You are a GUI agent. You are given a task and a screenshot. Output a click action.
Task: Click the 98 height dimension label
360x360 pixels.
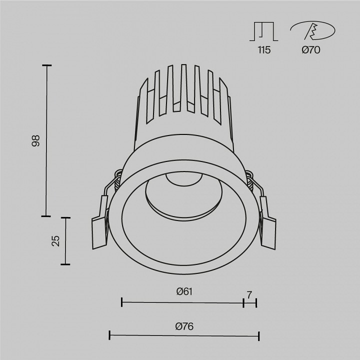(35, 141)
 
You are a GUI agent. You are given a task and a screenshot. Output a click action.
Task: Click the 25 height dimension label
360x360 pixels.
(55, 241)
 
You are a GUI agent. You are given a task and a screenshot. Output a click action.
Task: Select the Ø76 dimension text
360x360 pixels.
(184, 326)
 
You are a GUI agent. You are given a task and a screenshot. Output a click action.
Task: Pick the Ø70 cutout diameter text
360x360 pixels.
(311, 50)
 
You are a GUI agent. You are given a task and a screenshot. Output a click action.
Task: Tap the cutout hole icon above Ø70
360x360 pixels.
(312, 31)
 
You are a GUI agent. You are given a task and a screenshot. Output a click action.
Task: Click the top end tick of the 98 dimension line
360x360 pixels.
(46, 65)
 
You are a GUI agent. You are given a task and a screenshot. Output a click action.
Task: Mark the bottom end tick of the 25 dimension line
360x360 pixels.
(65, 264)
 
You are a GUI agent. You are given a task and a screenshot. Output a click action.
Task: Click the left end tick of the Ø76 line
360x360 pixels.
(110, 335)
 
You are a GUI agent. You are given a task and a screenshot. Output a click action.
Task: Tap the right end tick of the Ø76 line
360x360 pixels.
(259, 335)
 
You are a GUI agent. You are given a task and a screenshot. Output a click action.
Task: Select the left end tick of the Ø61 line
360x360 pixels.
(122, 301)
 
